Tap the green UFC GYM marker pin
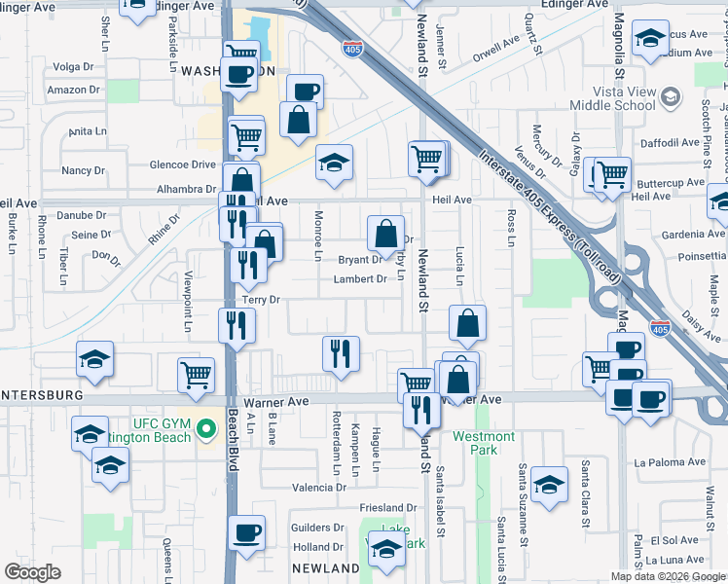[206, 428]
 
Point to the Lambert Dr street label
[360, 279]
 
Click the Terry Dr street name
[261, 300]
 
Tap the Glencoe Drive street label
[180, 165]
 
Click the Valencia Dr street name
[319, 487]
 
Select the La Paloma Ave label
[668, 462]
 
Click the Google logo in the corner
[33, 572]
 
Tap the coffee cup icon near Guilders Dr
[247, 532]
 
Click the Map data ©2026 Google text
[668, 575]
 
